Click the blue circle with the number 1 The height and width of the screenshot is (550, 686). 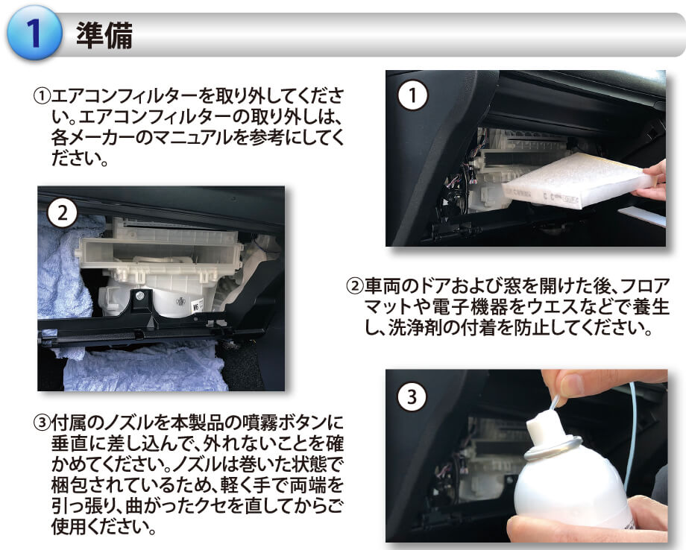point(34,33)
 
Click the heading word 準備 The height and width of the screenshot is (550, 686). point(104,34)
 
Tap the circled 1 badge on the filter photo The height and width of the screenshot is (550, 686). point(412,95)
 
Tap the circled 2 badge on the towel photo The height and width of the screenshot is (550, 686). point(62,213)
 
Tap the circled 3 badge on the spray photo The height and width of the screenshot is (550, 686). point(412,396)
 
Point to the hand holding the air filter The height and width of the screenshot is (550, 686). point(652,181)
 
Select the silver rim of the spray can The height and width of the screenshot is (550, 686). point(553,448)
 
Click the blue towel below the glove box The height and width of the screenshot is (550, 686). point(145,367)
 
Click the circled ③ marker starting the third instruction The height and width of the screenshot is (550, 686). point(42,423)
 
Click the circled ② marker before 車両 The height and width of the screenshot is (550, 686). point(355,286)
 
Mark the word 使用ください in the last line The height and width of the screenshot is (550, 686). point(104,527)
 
